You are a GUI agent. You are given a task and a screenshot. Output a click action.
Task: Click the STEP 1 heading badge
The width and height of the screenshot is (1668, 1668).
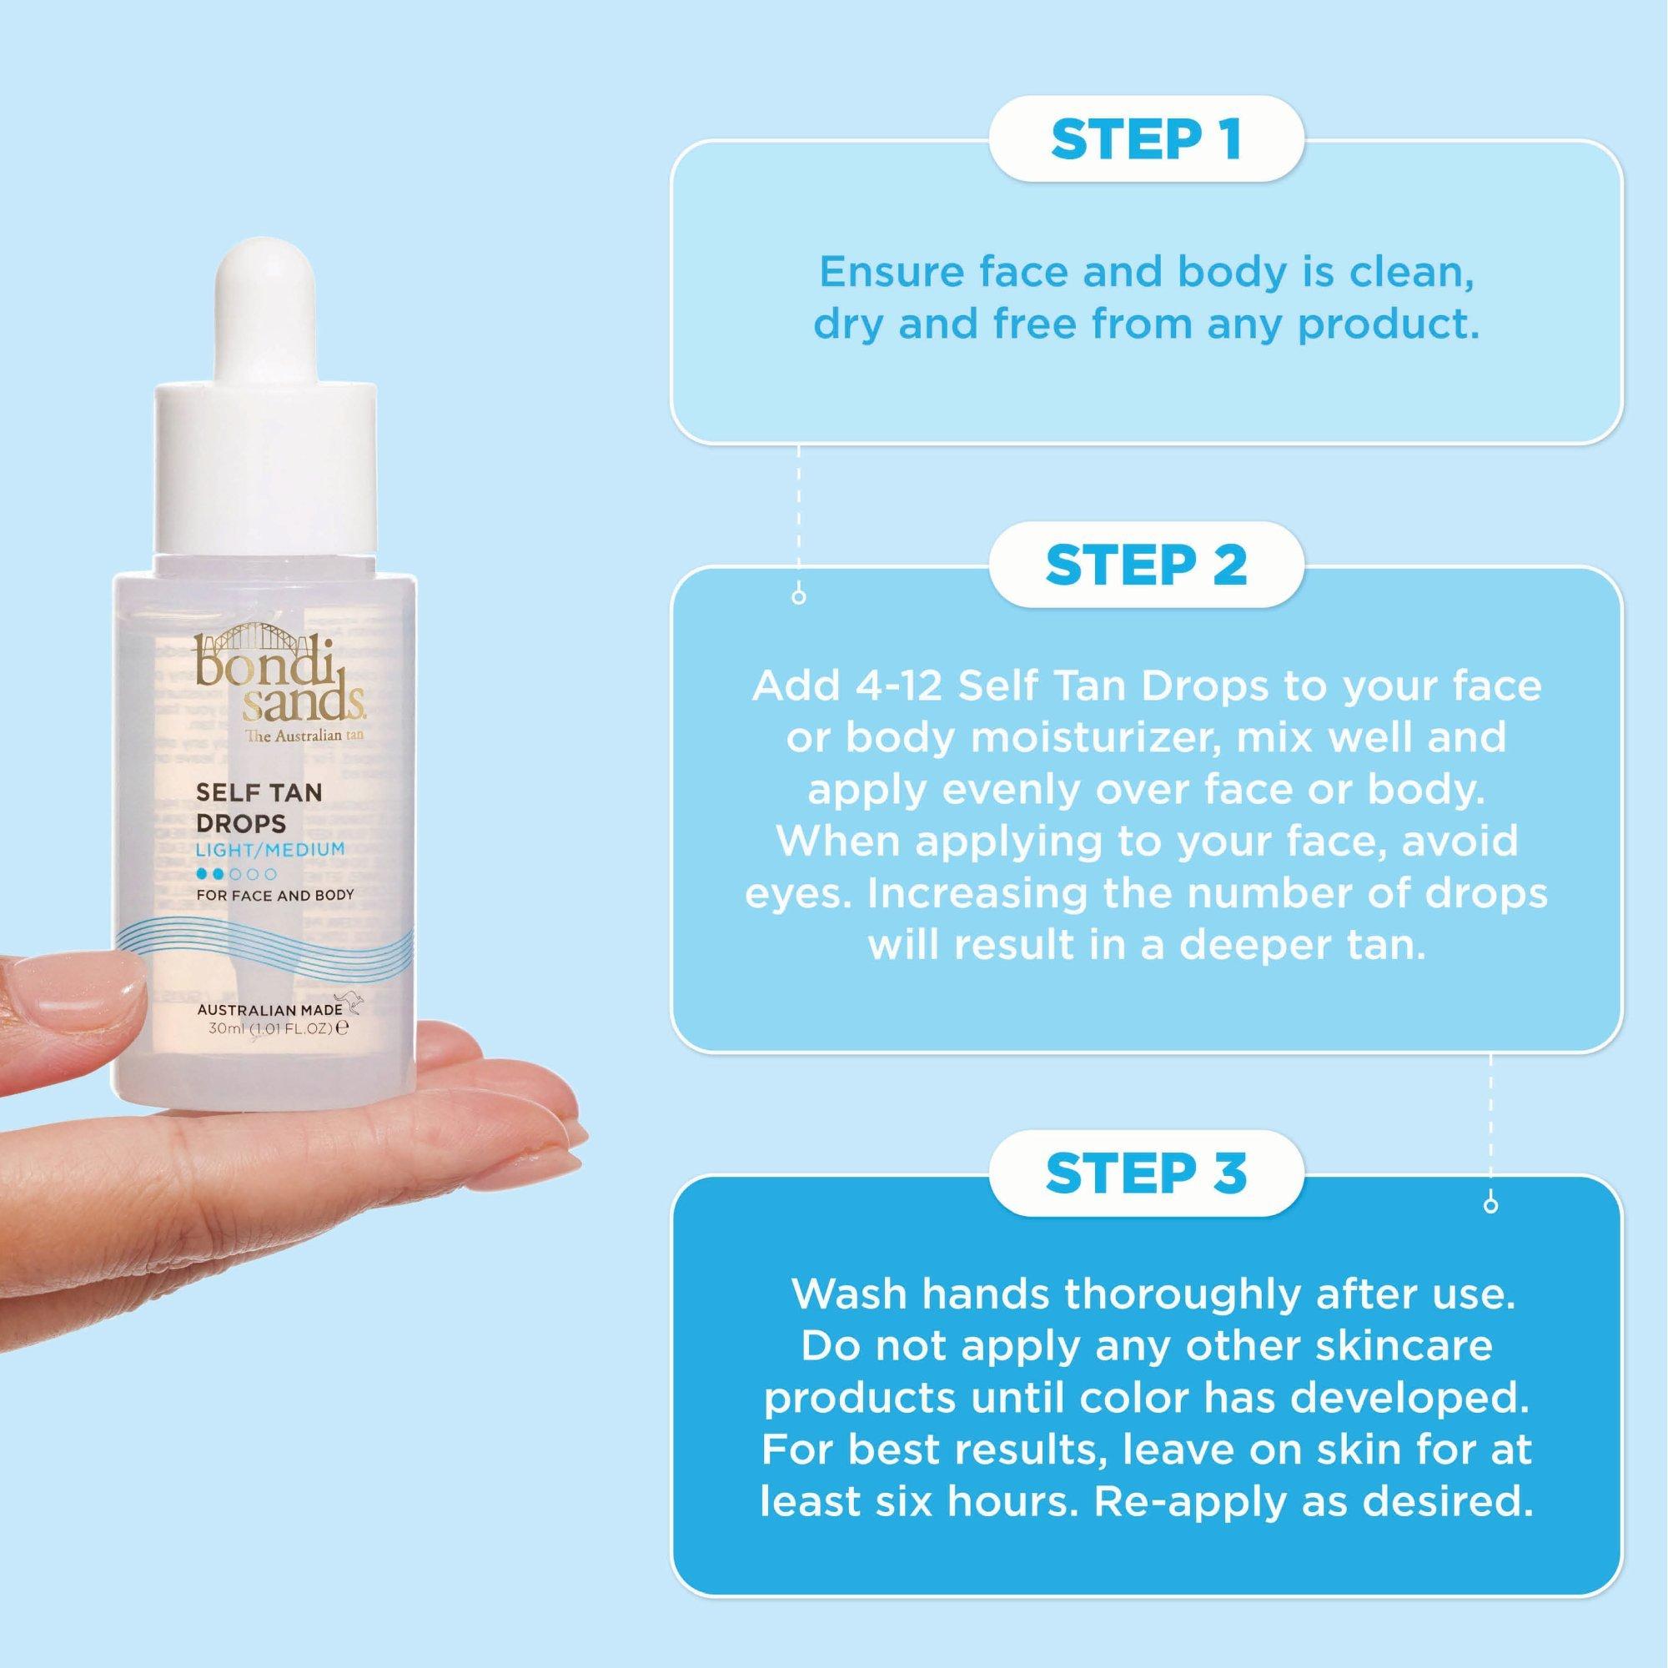pos(1146,140)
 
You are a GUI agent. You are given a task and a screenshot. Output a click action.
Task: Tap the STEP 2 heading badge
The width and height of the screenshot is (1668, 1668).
pos(1146,565)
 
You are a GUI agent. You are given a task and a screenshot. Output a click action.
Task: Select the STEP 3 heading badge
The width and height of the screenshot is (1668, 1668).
pos(1146,1173)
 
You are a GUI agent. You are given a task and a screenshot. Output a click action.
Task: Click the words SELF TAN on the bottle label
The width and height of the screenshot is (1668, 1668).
pos(259,792)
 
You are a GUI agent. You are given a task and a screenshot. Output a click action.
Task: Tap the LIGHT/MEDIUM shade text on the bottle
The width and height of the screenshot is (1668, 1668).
pos(270,850)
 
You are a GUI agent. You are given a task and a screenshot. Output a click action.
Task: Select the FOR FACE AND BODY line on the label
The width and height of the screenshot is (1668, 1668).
pos(275,895)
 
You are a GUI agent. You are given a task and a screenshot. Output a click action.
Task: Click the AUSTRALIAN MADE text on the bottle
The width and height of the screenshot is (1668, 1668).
pos(270,1010)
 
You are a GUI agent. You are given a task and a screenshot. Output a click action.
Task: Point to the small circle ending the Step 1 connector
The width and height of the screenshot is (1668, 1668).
pos(799,596)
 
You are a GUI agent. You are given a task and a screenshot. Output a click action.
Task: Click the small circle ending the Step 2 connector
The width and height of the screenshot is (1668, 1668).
pos(1490,1205)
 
